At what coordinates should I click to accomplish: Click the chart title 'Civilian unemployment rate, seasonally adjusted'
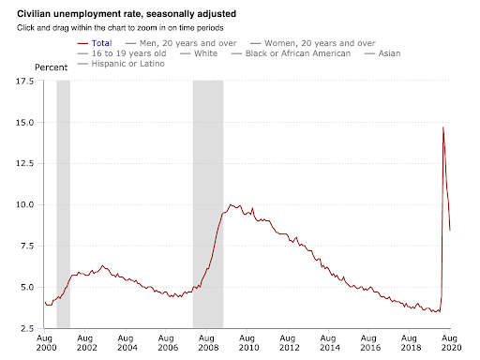click(127, 14)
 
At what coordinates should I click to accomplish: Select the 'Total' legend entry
click(95, 43)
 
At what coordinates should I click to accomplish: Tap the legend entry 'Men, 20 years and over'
click(181, 43)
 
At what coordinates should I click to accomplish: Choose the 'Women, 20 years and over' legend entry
click(313, 43)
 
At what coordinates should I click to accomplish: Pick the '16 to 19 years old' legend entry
click(122, 53)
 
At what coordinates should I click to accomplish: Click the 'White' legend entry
click(199, 53)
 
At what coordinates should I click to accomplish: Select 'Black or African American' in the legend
click(291, 53)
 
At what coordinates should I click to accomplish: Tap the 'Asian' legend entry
click(382, 53)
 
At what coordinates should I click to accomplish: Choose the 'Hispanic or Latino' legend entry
click(121, 64)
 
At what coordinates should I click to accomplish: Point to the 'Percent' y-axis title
click(51, 67)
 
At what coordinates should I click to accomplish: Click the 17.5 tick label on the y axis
click(24, 82)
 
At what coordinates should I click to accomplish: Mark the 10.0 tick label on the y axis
click(24, 204)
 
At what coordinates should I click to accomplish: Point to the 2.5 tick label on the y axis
click(27, 328)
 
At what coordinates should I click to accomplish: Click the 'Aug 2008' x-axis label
click(206, 343)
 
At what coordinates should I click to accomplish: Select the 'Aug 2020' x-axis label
click(450, 343)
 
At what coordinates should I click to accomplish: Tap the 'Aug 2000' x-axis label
click(45, 343)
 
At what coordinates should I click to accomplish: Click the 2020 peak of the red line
click(443, 127)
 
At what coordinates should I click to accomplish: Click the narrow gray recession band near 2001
click(64, 204)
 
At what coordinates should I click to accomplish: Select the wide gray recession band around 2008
click(208, 204)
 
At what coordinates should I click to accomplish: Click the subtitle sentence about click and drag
click(120, 28)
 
